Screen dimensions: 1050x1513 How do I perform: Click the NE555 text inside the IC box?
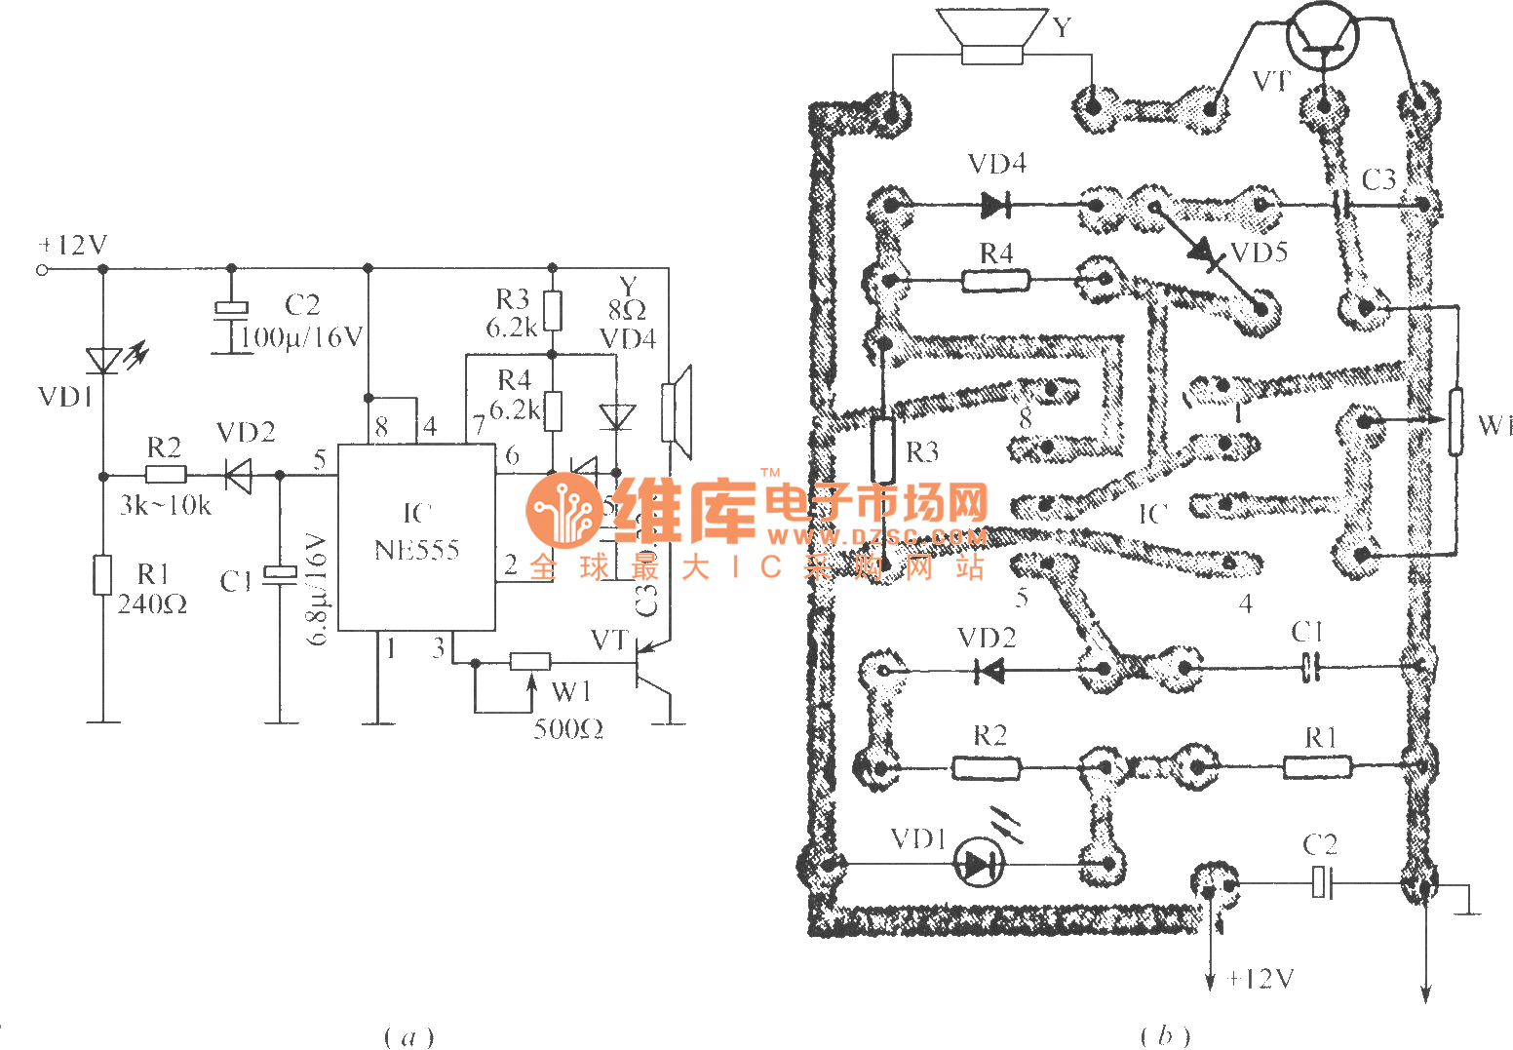point(416,550)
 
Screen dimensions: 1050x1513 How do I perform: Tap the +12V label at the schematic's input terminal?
point(73,246)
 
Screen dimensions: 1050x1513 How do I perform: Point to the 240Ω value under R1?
point(152,604)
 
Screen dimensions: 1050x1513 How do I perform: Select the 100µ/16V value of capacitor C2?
point(301,337)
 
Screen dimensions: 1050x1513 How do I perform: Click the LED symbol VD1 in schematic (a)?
point(103,361)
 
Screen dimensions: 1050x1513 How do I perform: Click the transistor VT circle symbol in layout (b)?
point(1322,36)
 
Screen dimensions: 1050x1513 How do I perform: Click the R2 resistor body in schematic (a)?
point(166,475)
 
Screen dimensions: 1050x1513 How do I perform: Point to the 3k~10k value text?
point(165,505)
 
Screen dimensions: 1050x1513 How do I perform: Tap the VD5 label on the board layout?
point(1259,253)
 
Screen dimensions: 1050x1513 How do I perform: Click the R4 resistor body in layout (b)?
point(995,281)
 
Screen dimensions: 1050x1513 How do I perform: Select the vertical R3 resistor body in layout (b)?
point(882,449)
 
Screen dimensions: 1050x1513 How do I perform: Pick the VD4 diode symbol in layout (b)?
point(995,205)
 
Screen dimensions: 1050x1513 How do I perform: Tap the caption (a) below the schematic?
point(408,1035)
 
